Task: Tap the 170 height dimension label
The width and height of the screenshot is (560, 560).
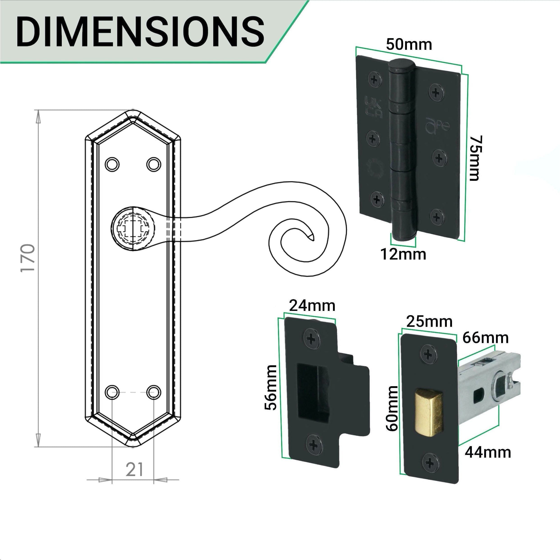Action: (x=28, y=258)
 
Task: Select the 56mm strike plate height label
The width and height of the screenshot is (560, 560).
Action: (x=271, y=388)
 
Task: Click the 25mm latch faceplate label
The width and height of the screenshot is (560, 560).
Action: (x=429, y=322)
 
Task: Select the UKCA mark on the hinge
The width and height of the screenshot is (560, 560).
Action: (x=373, y=108)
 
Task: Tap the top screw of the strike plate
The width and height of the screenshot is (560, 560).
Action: (x=312, y=338)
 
